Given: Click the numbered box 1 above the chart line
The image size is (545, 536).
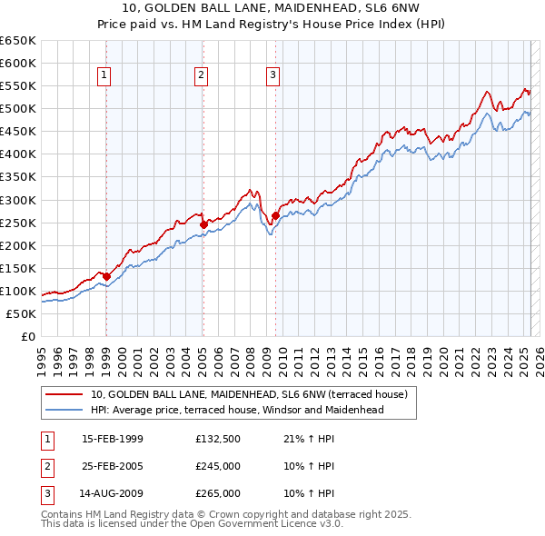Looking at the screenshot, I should (x=105, y=75).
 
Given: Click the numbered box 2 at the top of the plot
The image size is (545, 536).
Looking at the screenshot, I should (x=202, y=75).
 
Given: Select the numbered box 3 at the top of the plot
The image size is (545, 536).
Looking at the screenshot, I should (x=272, y=75).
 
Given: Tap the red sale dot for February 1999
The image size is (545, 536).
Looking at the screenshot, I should (x=106, y=276).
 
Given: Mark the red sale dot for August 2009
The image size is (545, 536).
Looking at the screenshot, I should (x=274, y=215).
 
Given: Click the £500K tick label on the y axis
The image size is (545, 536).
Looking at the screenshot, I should (x=18, y=109).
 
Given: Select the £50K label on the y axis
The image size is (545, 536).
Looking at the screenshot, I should (x=22, y=314).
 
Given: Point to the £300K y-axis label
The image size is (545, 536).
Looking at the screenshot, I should (x=18, y=200).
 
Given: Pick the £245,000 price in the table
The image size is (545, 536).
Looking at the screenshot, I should (x=218, y=466).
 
